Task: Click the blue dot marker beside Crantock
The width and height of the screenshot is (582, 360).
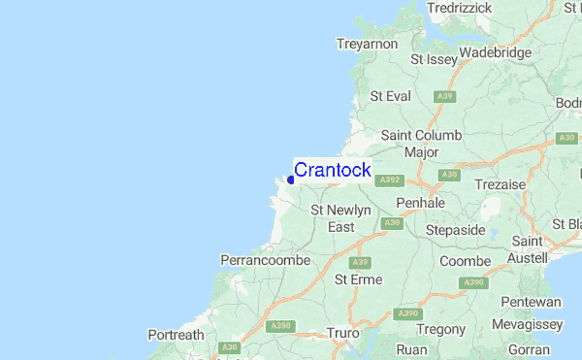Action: click(x=291, y=179)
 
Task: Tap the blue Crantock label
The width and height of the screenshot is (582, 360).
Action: click(x=332, y=170)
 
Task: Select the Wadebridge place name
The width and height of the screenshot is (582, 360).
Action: click(x=496, y=52)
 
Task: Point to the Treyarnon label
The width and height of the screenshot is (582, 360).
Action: click(x=368, y=44)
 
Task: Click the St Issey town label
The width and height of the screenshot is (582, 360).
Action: click(x=433, y=59)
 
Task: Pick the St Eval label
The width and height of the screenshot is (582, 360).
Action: click(x=391, y=96)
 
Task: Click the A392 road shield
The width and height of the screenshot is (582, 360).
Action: click(x=390, y=180)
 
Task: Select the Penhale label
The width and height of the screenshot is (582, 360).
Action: click(x=421, y=203)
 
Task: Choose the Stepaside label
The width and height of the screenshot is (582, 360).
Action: click(x=456, y=231)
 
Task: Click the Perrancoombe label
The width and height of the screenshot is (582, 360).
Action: click(x=266, y=260)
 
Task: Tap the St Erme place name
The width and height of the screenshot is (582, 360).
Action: click(x=359, y=279)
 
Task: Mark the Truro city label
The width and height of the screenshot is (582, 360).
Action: click(x=343, y=333)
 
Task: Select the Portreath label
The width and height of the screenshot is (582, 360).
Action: click(x=177, y=335)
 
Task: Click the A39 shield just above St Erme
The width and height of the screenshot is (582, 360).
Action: click(x=361, y=262)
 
